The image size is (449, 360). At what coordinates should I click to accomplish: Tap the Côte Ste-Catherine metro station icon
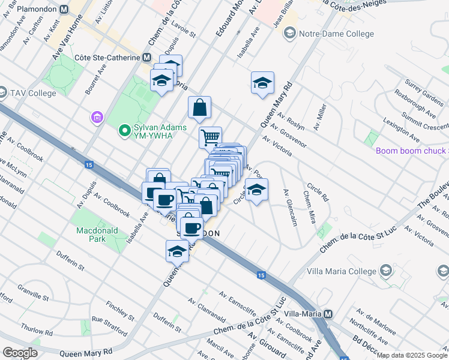(146, 57)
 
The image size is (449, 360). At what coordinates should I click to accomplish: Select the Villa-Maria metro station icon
(328, 314)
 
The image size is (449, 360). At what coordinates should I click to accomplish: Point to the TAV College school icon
(4, 94)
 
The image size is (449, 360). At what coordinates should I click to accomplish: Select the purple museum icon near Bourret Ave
(96, 118)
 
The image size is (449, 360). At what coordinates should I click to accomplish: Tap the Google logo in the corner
(20, 352)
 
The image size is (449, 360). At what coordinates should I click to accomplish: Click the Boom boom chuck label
(412, 151)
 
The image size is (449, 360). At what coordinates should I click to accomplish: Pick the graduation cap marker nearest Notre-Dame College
(262, 83)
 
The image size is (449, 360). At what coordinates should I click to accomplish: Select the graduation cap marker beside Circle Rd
(256, 191)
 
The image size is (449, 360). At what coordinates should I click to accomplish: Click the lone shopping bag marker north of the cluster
(200, 108)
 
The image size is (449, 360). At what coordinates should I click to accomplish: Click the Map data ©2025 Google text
(412, 355)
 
